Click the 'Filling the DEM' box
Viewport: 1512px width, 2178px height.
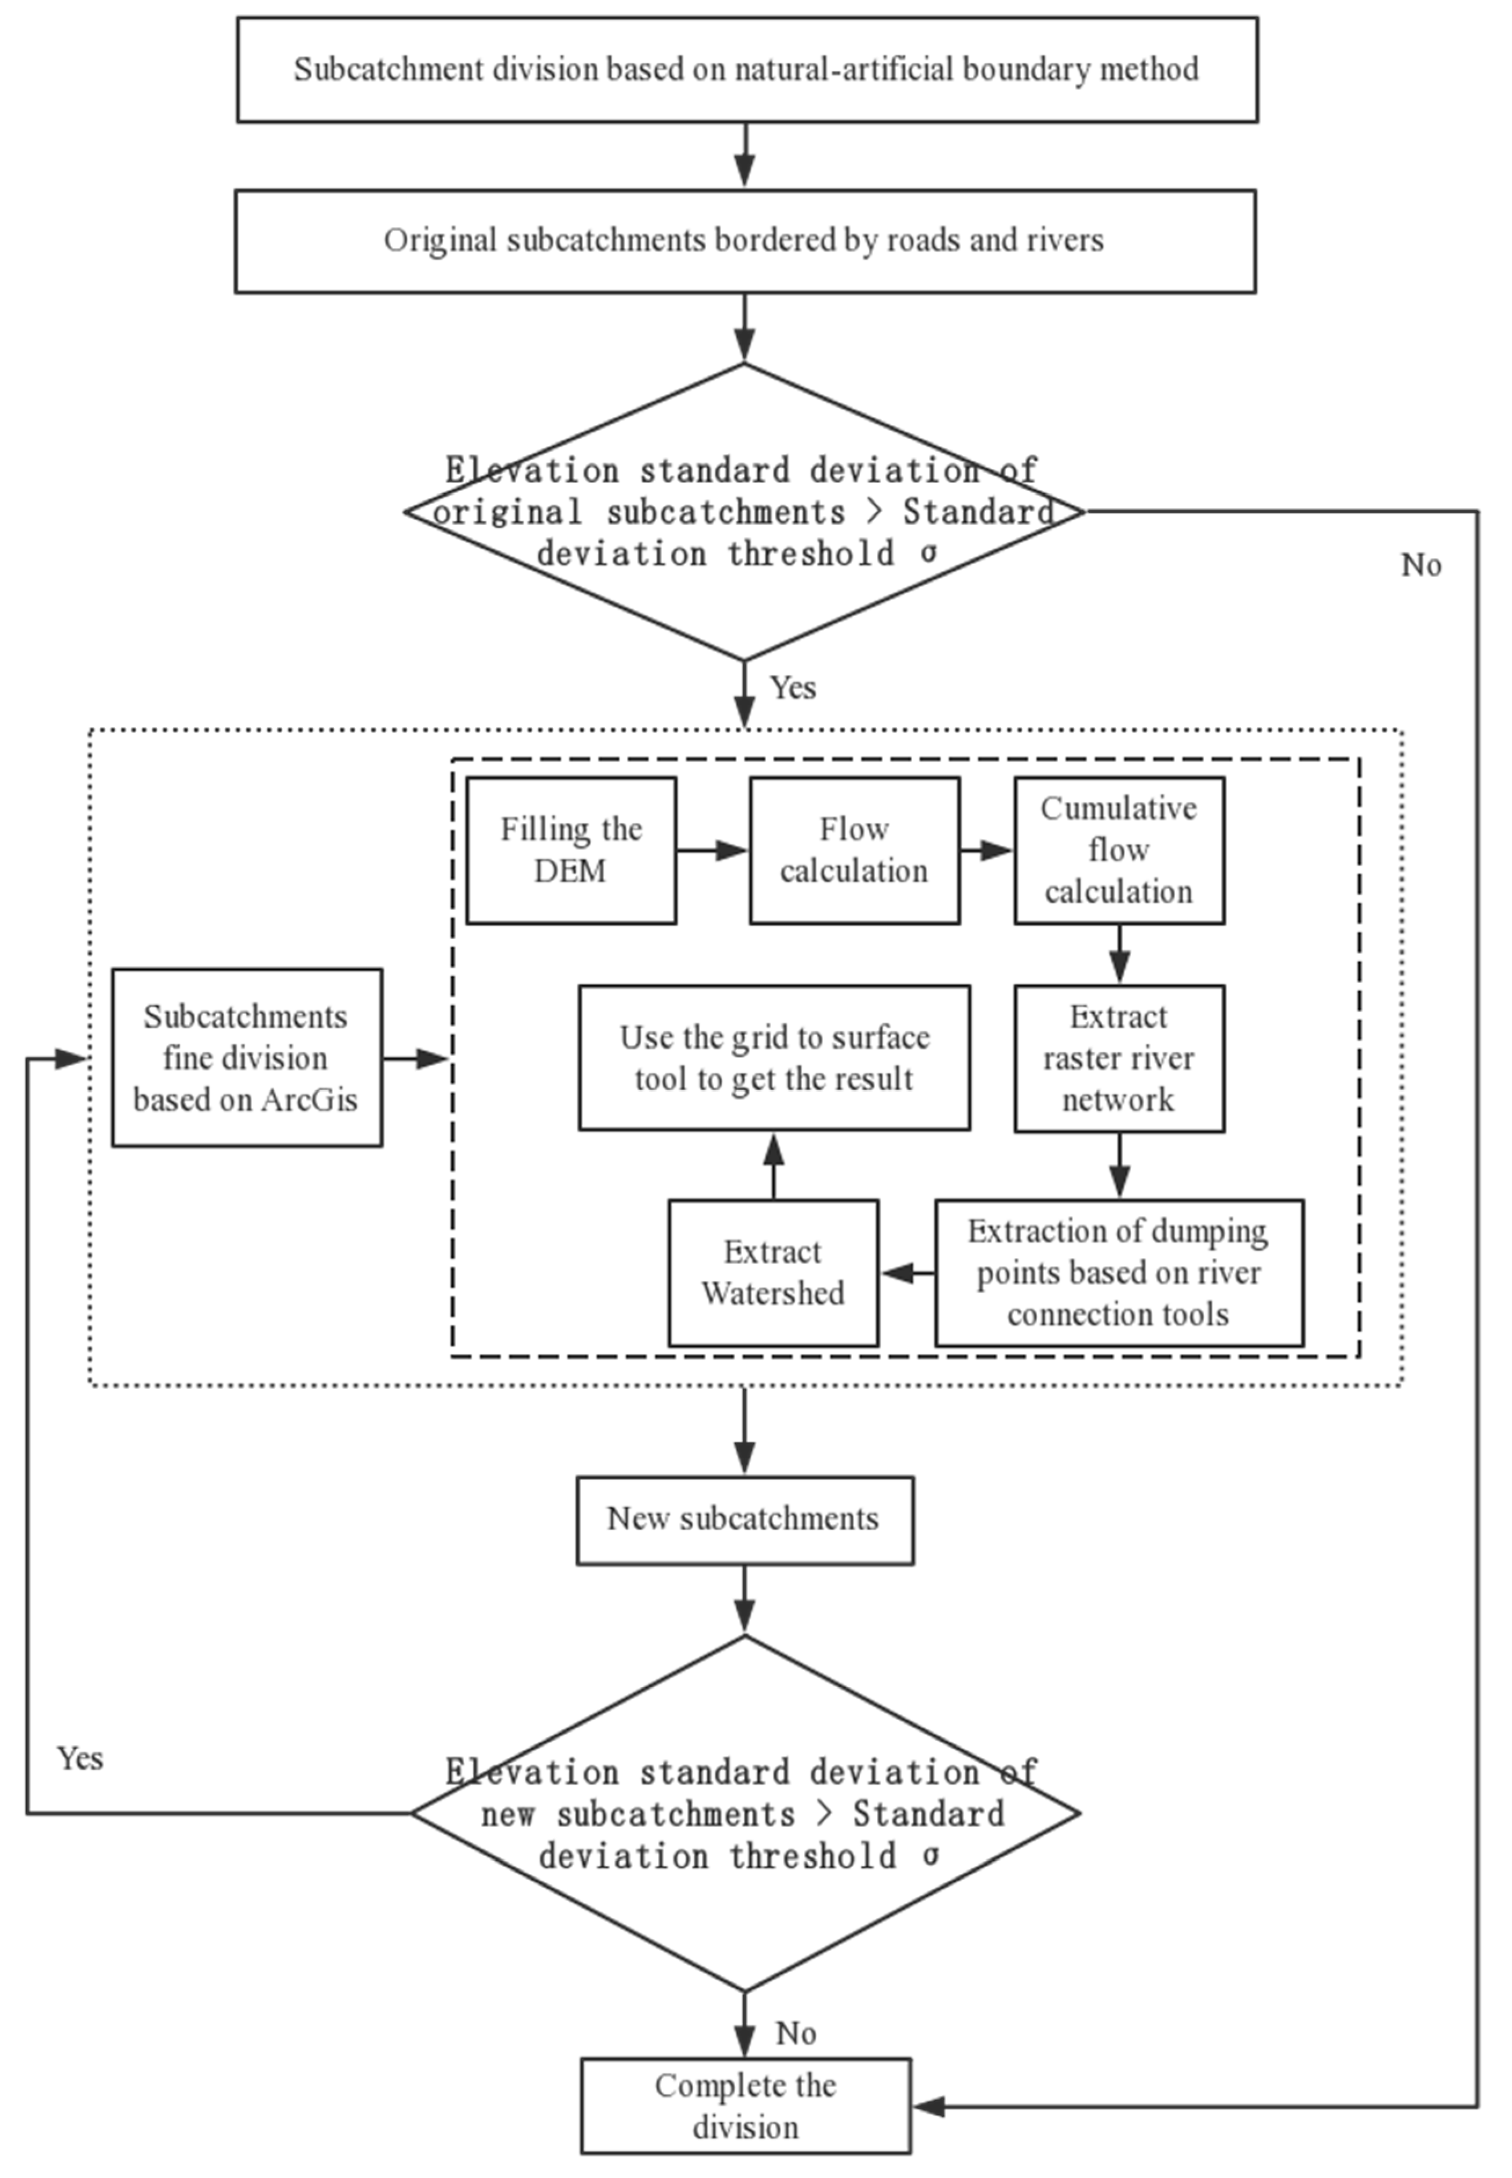pyautogui.click(x=570, y=850)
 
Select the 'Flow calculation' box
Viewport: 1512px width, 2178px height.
pyautogui.click(x=854, y=850)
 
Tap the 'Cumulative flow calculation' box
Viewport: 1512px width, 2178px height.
pyautogui.click(x=1119, y=850)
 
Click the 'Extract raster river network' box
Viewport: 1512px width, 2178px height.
pyautogui.click(x=1119, y=1058)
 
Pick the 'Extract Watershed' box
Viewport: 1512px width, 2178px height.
pyautogui.click(x=773, y=1272)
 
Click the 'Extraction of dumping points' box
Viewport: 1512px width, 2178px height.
pyautogui.click(x=1119, y=1272)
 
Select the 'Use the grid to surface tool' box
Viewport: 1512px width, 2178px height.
pyautogui.click(x=774, y=1057)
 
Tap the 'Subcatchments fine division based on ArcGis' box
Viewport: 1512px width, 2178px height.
pyautogui.click(x=246, y=1057)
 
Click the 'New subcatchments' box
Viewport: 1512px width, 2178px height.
pyautogui.click(x=745, y=1518)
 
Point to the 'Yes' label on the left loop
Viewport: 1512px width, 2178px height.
pyautogui.click(x=79, y=1758)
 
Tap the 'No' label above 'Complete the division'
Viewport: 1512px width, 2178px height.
pyautogui.click(x=796, y=2034)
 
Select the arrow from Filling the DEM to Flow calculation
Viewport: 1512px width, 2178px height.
pyautogui.click(x=712, y=850)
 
